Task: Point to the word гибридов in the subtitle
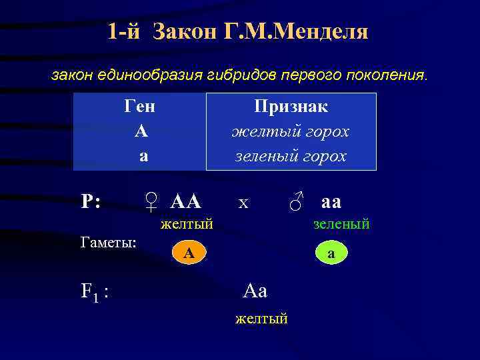[x=235, y=75]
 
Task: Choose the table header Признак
[x=291, y=107]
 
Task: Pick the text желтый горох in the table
[x=291, y=131]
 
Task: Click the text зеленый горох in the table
[x=291, y=156]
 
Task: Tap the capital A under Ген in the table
[x=141, y=131]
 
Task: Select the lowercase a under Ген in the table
[x=142, y=157]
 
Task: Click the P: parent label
[x=91, y=201]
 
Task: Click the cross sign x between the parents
[x=243, y=202]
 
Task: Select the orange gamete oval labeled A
[x=189, y=252]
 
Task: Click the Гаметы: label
[x=109, y=242]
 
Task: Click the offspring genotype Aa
[x=255, y=291]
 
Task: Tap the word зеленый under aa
[x=341, y=225]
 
